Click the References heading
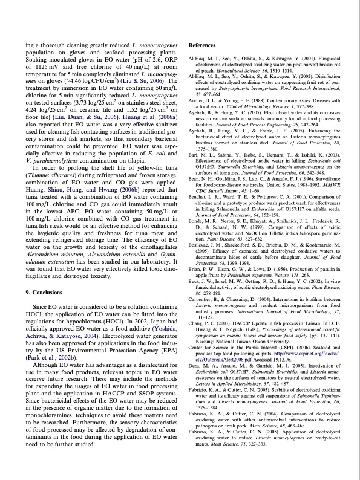(x=203, y=46)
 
